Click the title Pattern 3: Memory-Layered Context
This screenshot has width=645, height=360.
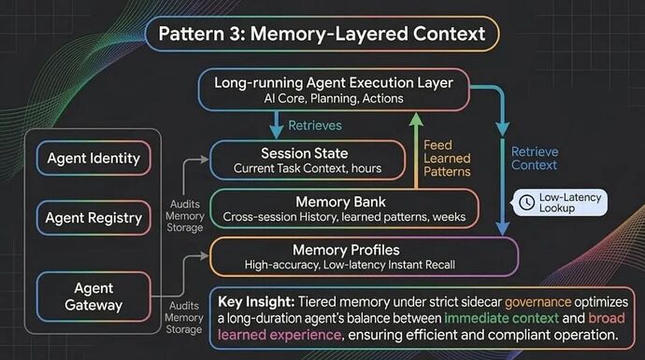[x=322, y=34]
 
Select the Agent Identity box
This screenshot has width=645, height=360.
[x=93, y=158]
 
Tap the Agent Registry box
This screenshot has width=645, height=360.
[x=93, y=218]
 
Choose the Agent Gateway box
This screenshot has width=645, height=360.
[x=93, y=296]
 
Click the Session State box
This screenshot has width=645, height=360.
[x=308, y=160]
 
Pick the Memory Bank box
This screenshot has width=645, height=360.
[x=344, y=209]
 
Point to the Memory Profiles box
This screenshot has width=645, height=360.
[x=364, y=256]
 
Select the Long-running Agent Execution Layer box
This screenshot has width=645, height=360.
[x=334, y=90]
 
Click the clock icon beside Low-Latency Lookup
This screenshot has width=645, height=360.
[x=527, y=202]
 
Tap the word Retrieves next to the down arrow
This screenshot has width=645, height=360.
[x=315, y=125]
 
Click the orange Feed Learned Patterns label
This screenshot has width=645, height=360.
[x=447, y=158]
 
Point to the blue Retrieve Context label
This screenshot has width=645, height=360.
[x=535, y=158]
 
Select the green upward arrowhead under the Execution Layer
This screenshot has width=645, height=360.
[x=416, y=120]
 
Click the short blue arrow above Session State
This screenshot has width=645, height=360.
[x=276, y=125]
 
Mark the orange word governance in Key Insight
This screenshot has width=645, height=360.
[x=538, y=302]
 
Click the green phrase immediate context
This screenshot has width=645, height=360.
[x=501, y=318]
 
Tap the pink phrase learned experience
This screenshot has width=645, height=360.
[x=279, y=335]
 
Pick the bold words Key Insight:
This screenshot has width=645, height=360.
[x=256, y=302]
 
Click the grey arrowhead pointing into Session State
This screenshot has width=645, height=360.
[x=205, y=160]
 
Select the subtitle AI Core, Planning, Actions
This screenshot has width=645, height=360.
[x=334, y=99]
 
